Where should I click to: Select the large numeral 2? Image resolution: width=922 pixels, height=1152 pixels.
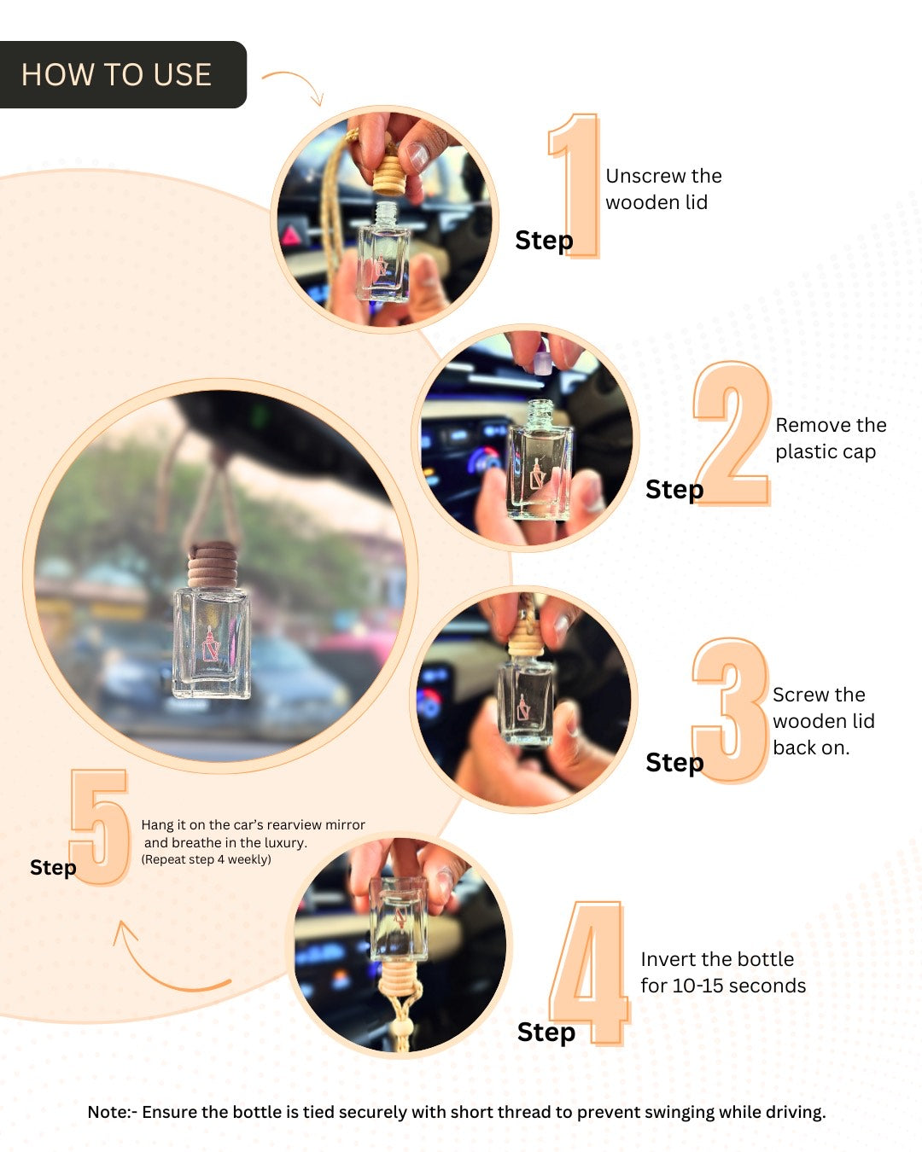(x=733, y=433)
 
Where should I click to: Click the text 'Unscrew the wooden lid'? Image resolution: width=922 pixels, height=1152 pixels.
(x=662, y=189)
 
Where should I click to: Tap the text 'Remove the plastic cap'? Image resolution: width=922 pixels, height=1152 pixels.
(x=830, y=438)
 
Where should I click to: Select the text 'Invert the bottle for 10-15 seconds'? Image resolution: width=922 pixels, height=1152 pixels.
(x=722, y=972)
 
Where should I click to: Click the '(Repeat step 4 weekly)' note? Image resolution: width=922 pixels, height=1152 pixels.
(x=206, y=859)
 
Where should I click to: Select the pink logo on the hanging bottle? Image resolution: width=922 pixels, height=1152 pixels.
(x=209, y=644)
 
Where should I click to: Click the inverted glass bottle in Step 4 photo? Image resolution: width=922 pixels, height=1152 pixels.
(x=399, y=917)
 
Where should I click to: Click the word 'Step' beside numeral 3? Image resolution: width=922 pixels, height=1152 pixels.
(x=674, y=762)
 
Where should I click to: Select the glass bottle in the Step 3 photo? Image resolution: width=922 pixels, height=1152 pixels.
(x=525, y=700)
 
